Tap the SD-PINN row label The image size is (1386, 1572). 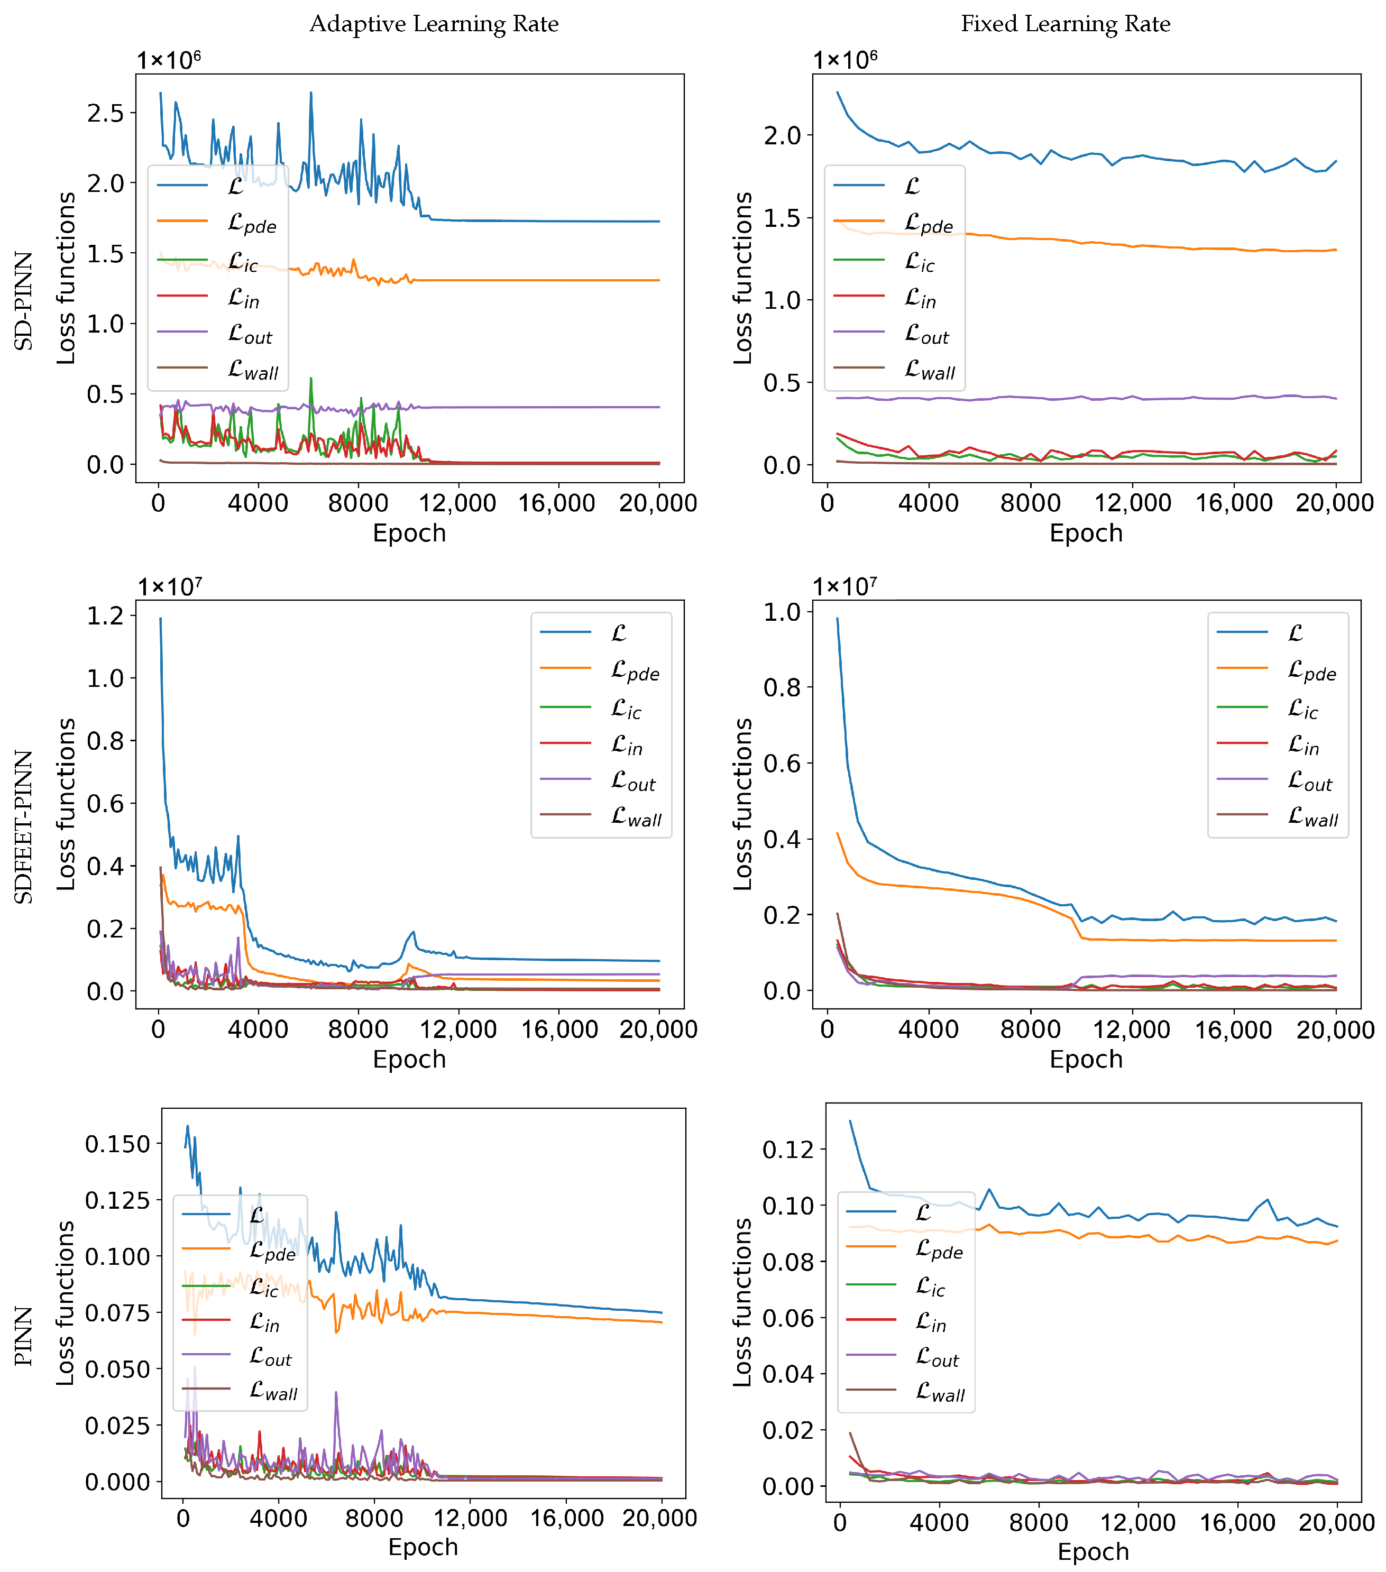24,300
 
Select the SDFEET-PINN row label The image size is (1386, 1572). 24,827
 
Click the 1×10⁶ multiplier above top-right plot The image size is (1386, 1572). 845,59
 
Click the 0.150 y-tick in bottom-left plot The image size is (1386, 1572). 118,1144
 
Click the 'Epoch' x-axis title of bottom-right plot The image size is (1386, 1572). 1093,1551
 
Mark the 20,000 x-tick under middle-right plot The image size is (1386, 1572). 1335,1030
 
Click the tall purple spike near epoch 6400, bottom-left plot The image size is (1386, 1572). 336,1394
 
